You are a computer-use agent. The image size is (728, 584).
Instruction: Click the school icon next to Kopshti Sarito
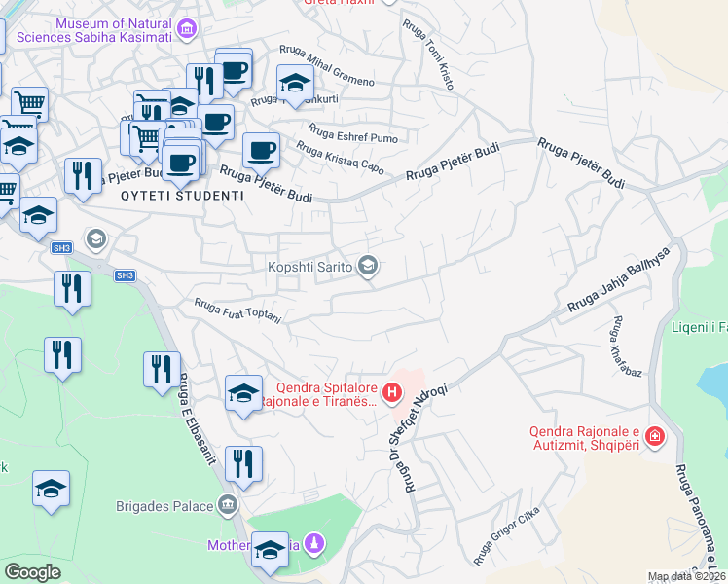tap(368, 266)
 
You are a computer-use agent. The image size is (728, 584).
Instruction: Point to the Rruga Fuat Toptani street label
tap(238, 310)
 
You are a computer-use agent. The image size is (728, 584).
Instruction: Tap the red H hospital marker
tap(391, 393)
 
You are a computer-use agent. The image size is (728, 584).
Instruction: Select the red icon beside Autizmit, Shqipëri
tap(654, 436)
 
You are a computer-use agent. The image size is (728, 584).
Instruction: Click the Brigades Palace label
tap(164, 506)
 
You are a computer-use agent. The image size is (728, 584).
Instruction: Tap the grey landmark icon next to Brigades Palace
tap(228, 505)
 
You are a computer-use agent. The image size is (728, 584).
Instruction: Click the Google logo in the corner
tap(32, 572)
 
